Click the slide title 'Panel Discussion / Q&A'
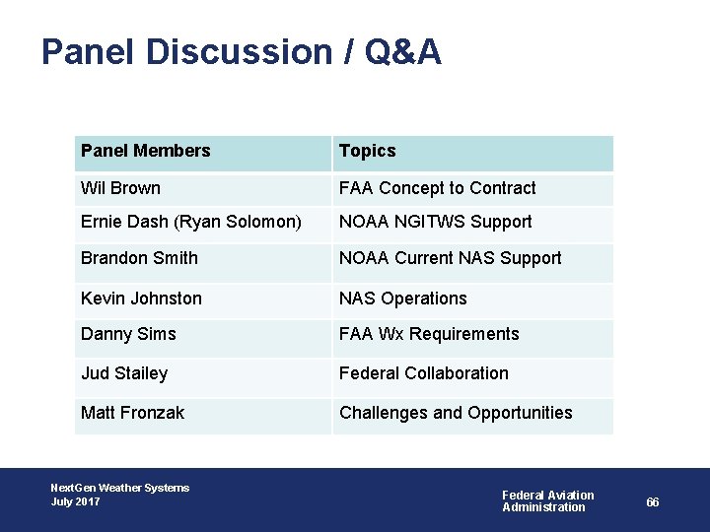click(242, 52)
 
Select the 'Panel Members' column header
click(145, 151)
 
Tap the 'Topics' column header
click(367, 151)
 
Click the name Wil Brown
click(120, 188)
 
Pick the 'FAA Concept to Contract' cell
click(437, 188)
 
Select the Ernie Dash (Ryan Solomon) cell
click(190, 223)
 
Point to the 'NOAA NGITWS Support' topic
click(435, 223)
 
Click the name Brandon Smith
click(139, 258)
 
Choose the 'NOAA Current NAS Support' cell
click(450, 258)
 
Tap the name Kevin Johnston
click(141, 299)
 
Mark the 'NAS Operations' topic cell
click(402, 299)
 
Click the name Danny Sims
click(128, 334)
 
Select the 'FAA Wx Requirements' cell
click(428, 334)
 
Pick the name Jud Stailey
click(124, 373)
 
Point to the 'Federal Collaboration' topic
click(423, 373)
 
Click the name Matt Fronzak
click(132, 413)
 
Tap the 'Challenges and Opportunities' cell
click(455, 413)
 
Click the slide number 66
click(653, 502)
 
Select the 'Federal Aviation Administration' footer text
click(547, 501)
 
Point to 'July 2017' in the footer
click(75, 502)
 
